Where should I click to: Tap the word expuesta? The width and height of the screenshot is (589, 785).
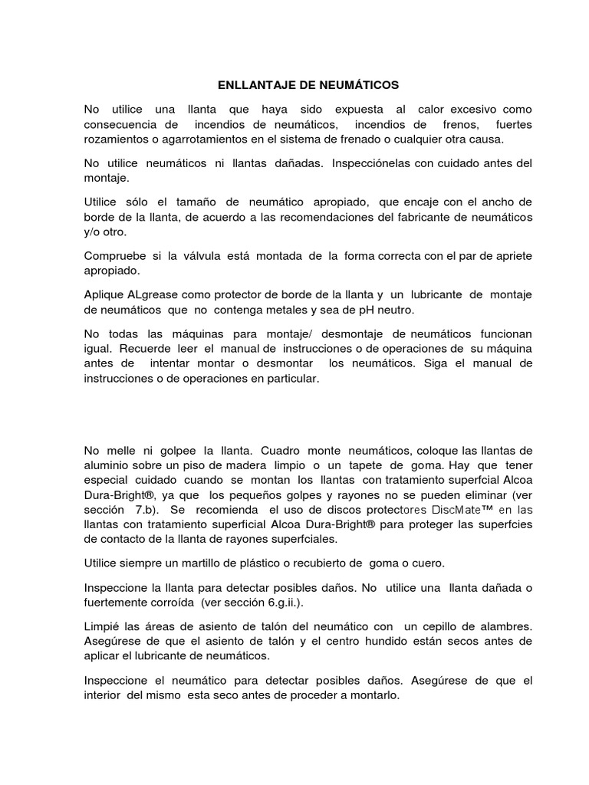click(x=358, y=110)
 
